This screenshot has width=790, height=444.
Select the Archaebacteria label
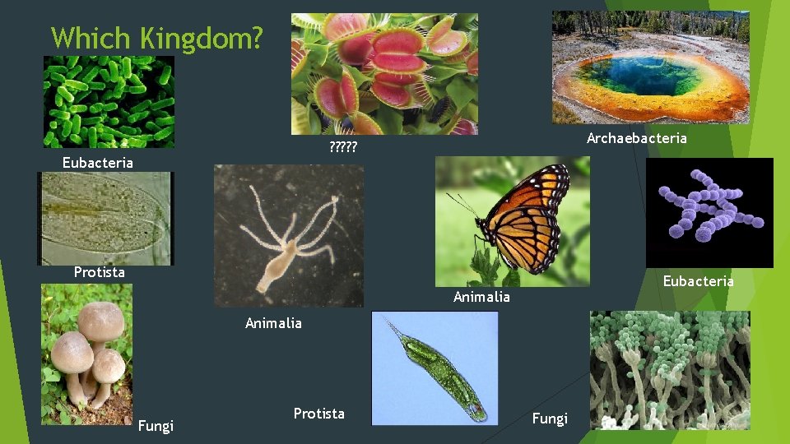click(x=636, y=138)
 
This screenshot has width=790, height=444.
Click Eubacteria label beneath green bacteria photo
click(x=97, y=163)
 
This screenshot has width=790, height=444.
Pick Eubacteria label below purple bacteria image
click(x=698, y=281)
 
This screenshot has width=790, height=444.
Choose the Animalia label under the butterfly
click(x=481, y=297)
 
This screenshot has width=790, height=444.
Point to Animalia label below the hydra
click(x=273, y=323)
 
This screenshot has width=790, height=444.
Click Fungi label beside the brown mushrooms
click(x=156, y=426)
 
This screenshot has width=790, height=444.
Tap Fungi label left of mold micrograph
click(x=550, y=419)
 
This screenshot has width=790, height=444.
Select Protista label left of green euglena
click(x=318, y=414)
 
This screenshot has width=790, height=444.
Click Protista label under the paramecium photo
click(x=99, y=272)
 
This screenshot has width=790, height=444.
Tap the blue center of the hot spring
click(x=640, y=76)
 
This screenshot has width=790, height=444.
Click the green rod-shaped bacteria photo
click(x=108, y=101)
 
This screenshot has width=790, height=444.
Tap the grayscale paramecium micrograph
click(x=105, y=218)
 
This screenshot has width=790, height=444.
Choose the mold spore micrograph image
click(x=669, y=370)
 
